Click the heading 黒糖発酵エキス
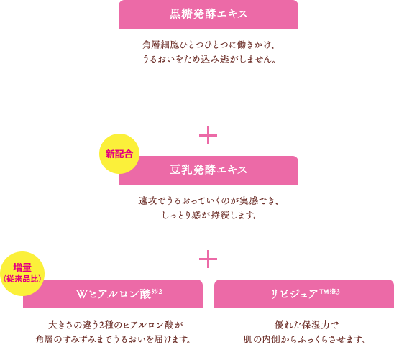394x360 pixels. pos(209,14)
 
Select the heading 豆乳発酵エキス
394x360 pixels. pos(209,170)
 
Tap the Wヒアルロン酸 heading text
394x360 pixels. pos(114,294)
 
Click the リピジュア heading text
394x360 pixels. pos(294,294)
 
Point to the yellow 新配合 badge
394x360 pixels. pos(119,154)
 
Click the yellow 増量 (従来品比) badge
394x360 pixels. pos(22,274)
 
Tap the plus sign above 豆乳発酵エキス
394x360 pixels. pos(208,136)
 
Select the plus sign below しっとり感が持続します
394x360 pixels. pos(208,259)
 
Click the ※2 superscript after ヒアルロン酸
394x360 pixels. pos(157,292)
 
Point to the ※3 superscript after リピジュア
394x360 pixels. pos(334,292)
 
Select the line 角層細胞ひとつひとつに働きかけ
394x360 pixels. pos(209,45)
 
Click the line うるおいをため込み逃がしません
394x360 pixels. pos(209,59)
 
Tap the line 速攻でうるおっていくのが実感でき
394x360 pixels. pos(209,200)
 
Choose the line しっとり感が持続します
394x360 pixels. pos(209,215)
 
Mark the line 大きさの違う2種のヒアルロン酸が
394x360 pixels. pos(116,325)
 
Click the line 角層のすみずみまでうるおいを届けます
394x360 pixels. pos(113,339)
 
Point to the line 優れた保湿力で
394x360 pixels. pos(307,325)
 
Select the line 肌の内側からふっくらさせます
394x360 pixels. pos(304,339)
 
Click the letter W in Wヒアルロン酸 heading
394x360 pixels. pos(82,294)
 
